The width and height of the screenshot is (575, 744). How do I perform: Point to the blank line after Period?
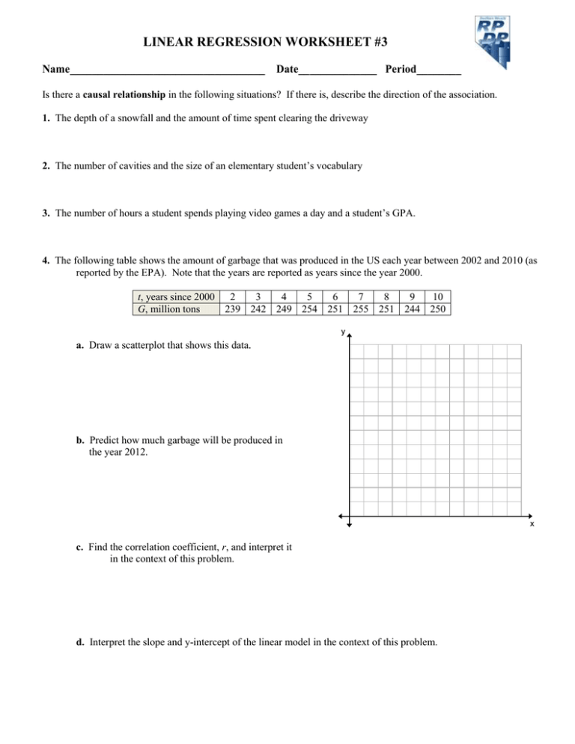click(439, 73)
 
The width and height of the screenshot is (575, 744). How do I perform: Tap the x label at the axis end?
click(532, 524)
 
